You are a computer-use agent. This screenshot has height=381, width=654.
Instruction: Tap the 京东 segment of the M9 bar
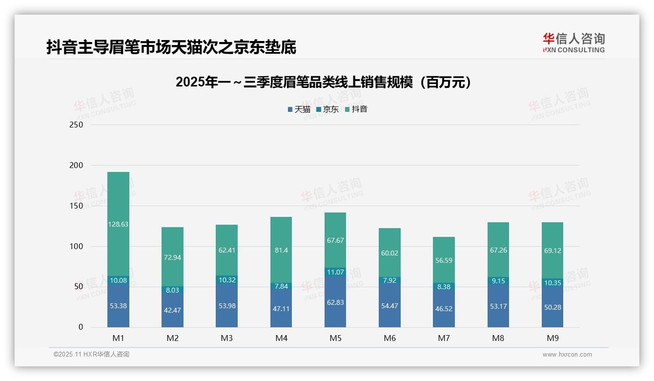[x=552, y=283]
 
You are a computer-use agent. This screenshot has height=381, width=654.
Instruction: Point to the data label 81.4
[x=281, y=251]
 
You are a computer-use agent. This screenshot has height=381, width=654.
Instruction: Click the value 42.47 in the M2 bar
[x=172, y=310]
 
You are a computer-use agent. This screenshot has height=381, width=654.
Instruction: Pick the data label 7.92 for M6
[x=389, y=280]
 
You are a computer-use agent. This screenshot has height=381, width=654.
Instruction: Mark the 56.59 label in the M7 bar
[x=444, y=260]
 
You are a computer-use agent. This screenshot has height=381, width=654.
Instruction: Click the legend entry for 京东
[x=327, y=109]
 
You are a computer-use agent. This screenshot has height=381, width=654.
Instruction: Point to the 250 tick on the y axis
[x=77, y=125]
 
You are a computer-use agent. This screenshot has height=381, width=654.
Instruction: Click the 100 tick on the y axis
[x=77, y=246]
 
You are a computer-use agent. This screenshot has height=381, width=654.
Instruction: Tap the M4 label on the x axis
[x=281, y=338]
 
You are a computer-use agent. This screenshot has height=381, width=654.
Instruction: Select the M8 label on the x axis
[x=498, y=338]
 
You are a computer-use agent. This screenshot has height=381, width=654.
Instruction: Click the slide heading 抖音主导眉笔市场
[x=171, y=47]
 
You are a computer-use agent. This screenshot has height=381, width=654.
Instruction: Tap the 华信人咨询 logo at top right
[x=573, y=42]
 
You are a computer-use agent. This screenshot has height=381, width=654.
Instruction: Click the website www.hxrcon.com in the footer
[x=567, y=355]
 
